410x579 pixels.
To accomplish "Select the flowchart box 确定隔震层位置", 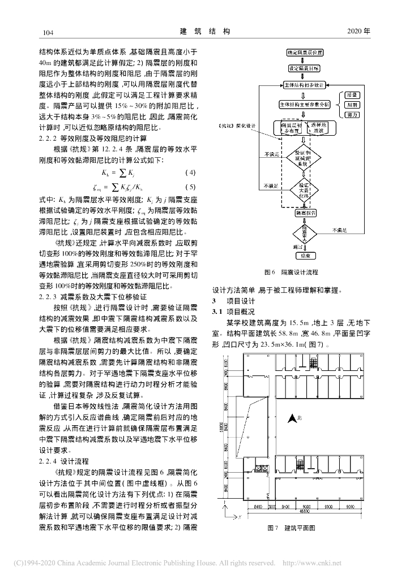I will [305, 53].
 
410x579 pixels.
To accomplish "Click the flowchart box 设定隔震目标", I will [305, 68].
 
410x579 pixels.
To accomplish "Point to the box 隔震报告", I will [305, 213].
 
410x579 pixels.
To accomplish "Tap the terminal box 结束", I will [305, 255].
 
